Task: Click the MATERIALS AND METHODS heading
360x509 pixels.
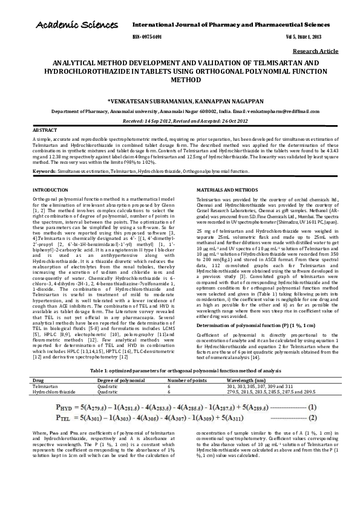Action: coord(227,190)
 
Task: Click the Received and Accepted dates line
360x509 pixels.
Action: coord(180,121)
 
